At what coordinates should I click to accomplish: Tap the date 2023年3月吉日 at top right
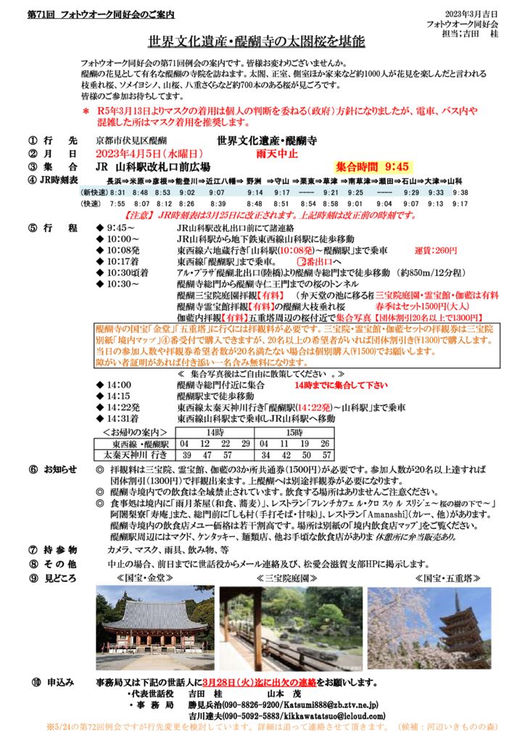coord(471,15)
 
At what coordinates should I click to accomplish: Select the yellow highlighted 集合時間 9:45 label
coord(373,164)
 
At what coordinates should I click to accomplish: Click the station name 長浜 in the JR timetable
coord(115,180)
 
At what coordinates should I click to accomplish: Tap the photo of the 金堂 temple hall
coord(154,628)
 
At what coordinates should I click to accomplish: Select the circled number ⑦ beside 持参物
coord(32,551)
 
